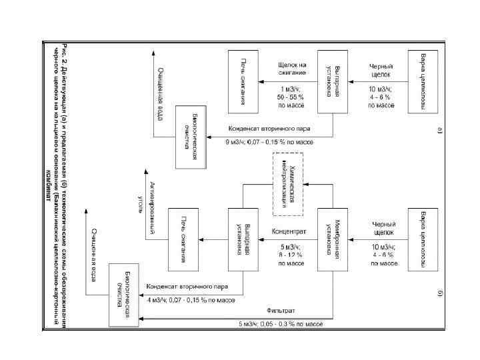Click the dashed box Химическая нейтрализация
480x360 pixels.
pos(288,183)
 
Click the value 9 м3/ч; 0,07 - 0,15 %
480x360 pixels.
pos(269,142)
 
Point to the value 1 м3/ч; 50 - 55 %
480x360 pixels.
pos(291,97)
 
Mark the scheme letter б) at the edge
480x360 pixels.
pos(439,293)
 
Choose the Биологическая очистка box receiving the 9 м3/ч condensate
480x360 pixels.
pos(193,136)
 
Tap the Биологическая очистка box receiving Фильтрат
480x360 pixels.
pos(126,297)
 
